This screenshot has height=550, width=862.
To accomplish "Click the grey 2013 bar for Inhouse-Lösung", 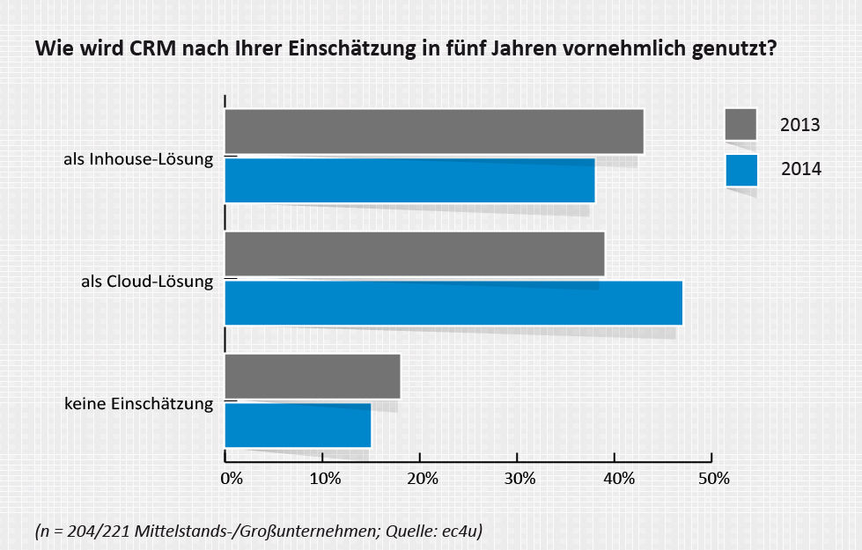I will (x=434, y=132).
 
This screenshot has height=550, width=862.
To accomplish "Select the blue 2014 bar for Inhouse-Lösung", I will (x=409, y=180).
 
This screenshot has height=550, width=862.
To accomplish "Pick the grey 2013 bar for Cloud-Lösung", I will (x=415, y=254).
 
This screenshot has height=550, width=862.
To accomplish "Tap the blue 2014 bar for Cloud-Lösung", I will (x=453, y=304).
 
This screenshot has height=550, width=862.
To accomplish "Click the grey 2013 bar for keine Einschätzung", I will (x=313, y=377).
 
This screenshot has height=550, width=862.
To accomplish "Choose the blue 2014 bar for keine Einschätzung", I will (x=298, y=425).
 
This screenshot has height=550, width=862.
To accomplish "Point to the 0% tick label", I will (x=231, y=479).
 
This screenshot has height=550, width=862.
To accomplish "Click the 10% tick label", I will (x=325, y=479).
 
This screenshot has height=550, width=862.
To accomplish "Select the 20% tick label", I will (x=423, y=479).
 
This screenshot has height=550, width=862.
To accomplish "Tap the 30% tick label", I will (x=519, y=479).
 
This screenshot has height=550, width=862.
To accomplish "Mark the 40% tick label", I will (x=618, y=479).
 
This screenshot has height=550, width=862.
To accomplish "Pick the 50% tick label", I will (x=714, y=479).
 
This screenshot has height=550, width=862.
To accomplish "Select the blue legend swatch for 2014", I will (x=741, y=170).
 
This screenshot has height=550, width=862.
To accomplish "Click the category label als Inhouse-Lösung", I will (x=138, y=160).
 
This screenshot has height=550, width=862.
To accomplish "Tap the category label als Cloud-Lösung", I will (x=147, y=282).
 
